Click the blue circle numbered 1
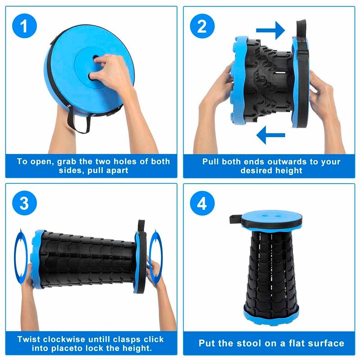click(x=27, y=26)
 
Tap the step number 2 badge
click(x=202, y=26)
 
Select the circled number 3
click(x=27, y=204)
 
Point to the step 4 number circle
click(x=202, y=204)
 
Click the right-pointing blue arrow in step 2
click(x=270, y=30)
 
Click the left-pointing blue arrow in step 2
click(x=270, y=135)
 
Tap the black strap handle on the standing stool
click(x=235, y=220)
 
